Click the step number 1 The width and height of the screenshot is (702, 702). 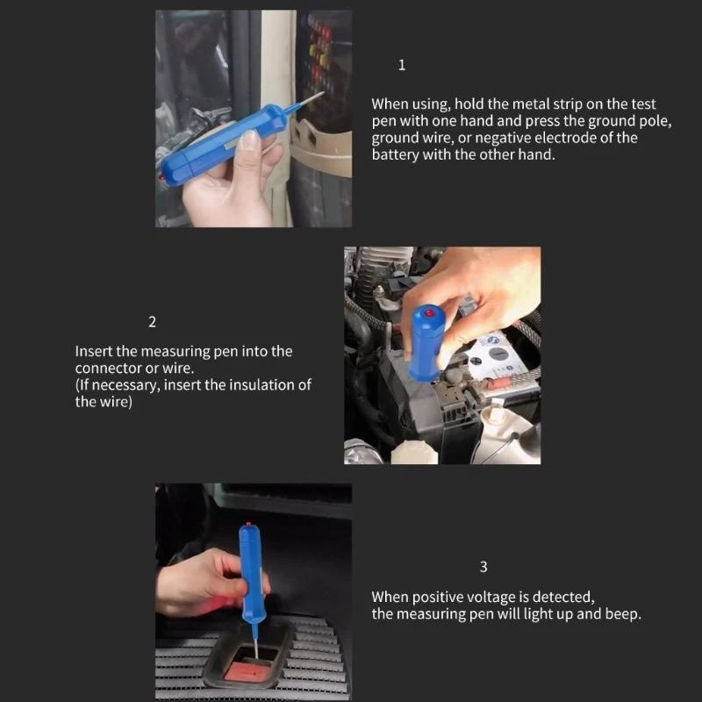402,65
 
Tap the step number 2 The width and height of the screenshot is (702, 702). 152,322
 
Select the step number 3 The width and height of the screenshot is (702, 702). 484,567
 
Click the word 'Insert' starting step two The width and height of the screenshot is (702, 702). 94,352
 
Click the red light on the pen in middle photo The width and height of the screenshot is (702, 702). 429,313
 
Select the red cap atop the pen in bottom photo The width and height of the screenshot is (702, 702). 248,523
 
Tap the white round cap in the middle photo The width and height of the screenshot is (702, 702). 414,452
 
